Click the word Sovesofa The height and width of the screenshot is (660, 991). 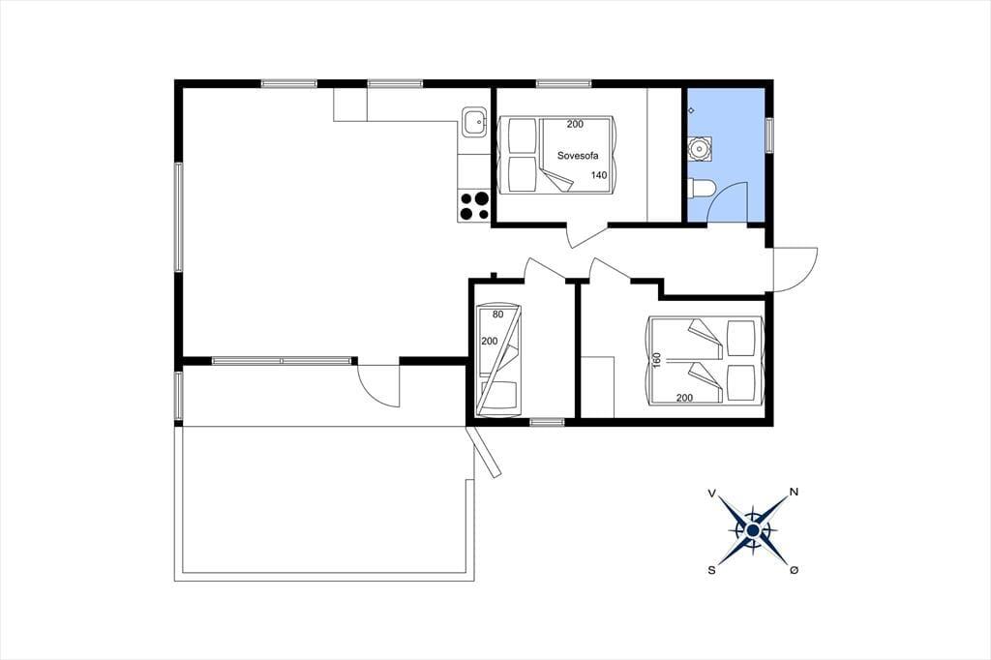click(x=577, y=156)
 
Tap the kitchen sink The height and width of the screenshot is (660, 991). click(x=473, y=122)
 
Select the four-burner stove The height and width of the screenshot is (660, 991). click(x=474, y=206)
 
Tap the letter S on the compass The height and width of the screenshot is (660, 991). click(x=711, y=570)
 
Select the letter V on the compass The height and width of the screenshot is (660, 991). click(x=712, y=494)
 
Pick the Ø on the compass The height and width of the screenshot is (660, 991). click(x=794, y=570)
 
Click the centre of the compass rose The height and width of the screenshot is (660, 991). click(x=753, y=530)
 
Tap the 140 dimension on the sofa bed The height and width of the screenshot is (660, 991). click(x=599, y=175)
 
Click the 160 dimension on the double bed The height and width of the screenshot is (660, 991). click(x=657, y=360)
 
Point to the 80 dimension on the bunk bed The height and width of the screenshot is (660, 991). click(x=498, y=315)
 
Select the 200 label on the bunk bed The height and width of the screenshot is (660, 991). click(x=490, y=341)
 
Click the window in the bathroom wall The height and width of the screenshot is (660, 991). click(x=769, y=135)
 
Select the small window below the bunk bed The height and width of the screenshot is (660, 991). click(x=547, y=422)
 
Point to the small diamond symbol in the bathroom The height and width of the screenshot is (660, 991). click(x=691, y=110)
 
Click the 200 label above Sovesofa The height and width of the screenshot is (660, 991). click(x=575, y=124)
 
